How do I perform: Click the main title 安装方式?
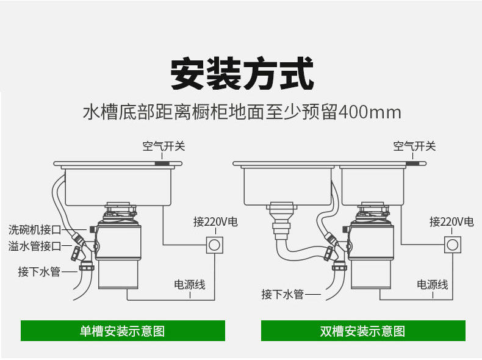coord(242,73)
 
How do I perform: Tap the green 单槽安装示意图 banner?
coord(123,331)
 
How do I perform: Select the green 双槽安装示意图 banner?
coord(363,331)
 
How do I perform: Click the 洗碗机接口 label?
coord(35,229)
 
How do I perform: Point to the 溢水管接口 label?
coord(35,246)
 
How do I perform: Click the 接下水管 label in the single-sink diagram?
coord(39,272)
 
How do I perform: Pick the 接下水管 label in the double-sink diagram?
coord(282,294)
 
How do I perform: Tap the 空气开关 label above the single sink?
coord(164,146)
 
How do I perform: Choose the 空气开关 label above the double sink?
coord(414,146)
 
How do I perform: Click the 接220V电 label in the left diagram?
coord(215,221)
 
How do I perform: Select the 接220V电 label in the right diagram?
coord(451,221)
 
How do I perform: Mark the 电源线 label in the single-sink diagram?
coord(190,284)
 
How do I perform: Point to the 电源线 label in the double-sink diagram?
coord(432,284)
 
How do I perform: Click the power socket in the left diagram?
coord(214,245)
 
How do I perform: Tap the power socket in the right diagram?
coord(453,245)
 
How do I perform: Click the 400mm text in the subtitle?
coord(370,112)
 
